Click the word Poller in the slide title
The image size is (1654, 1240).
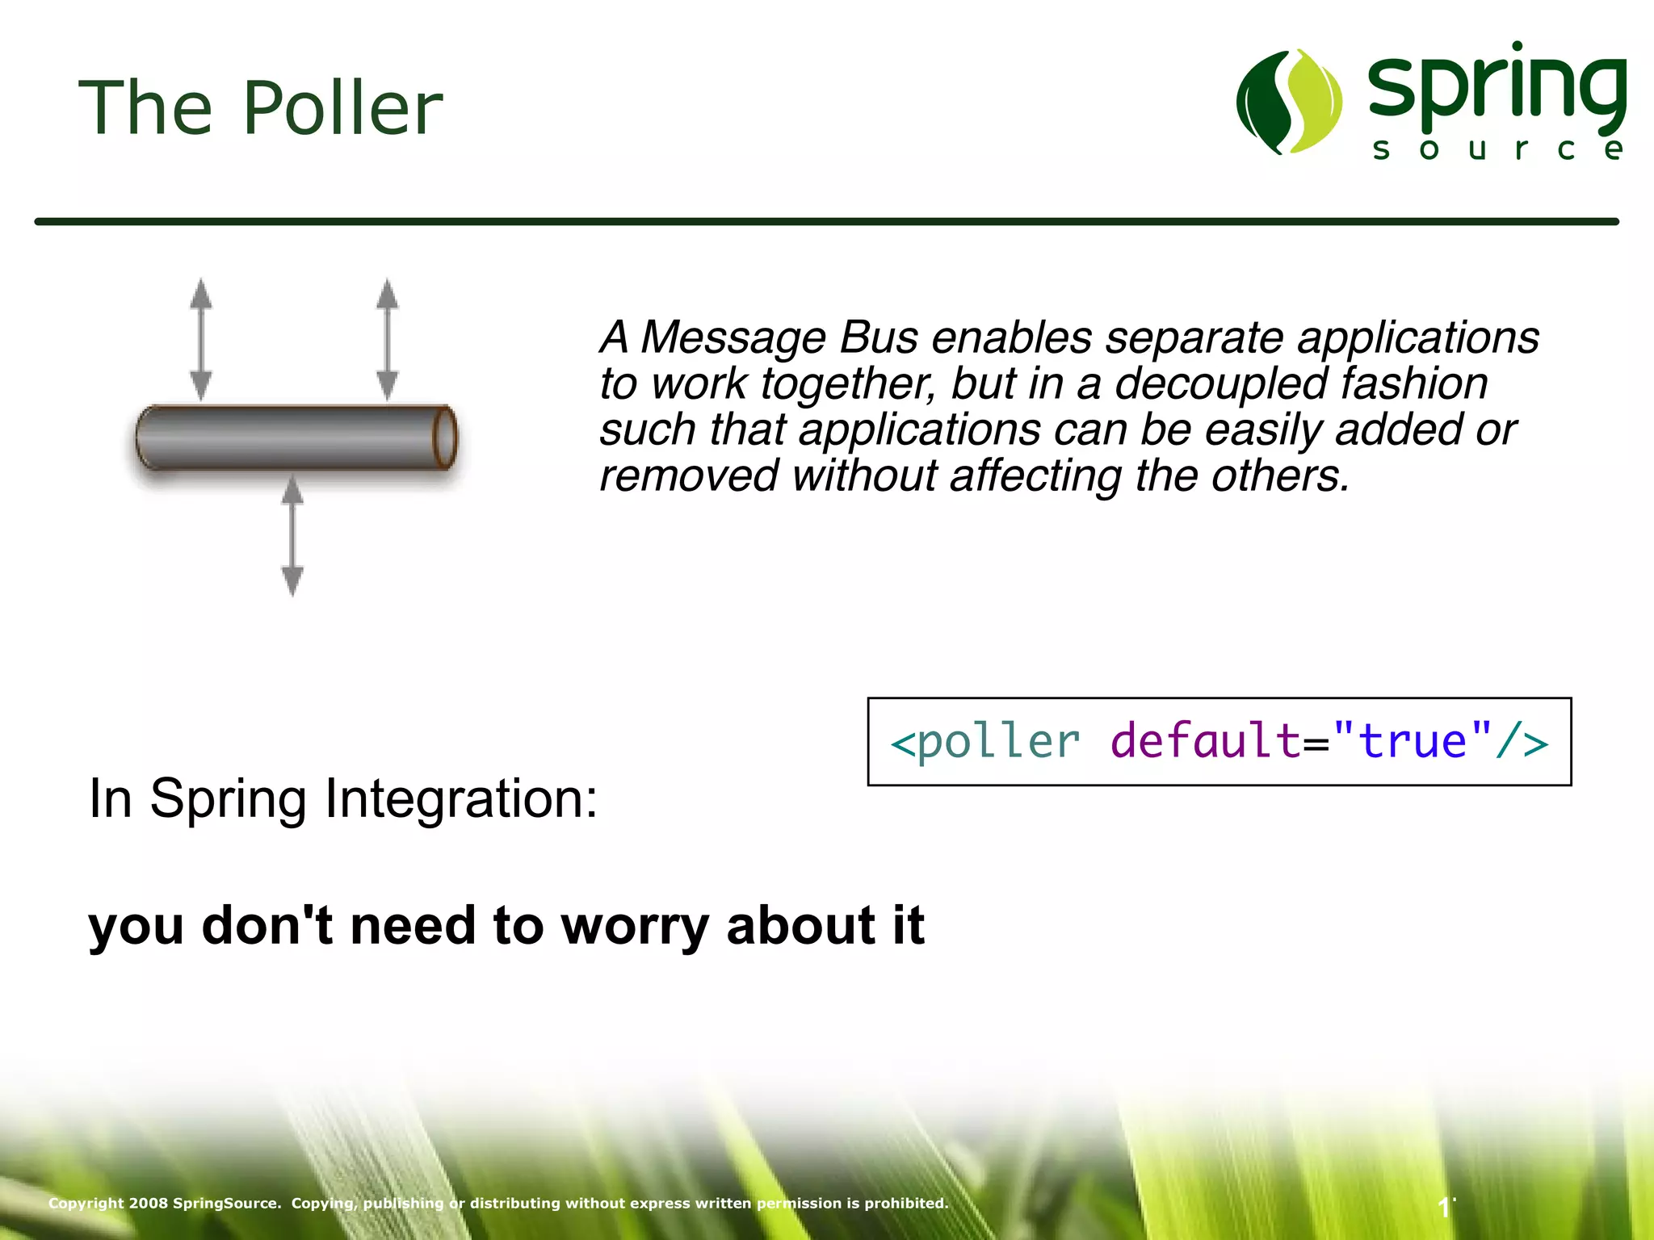[x=342, y=108]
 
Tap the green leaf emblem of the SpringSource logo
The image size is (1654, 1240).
[x=1289, y=102]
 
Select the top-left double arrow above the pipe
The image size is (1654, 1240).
[x=201, y=340]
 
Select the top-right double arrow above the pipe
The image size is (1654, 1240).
[x=388, y=340]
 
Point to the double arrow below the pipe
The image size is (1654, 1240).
[x=292, y=536]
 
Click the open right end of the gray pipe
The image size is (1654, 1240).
[x=444, y=438]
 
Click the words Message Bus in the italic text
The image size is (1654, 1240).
[x=779, y=337]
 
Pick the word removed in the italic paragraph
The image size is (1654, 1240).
[x=688, y=476]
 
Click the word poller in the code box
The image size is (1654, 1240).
[x=998, y=741]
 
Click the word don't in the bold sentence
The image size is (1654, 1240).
[x=267, y=925]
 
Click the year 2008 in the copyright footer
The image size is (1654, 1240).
[x=149, y=1203]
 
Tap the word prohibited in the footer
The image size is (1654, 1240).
[x=906, y=1203]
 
